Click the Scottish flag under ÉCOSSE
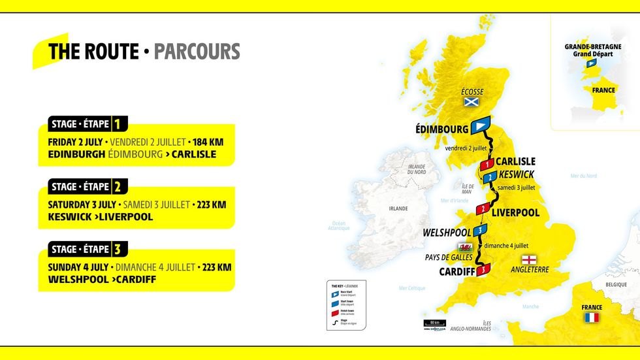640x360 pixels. point(471,102)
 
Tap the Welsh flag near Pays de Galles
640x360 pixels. point(466,248)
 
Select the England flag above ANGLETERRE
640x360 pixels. point(528,258)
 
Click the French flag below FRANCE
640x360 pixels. point(591,318)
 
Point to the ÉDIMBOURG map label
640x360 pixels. point(441,129)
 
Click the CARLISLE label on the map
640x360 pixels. point(515,161)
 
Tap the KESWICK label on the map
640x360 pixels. point(516,174)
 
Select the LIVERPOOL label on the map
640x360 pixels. point(515,212)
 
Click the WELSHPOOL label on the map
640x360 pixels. point(447,232)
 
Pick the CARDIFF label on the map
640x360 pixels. point(456,271)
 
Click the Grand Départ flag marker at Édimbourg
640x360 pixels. point(481,125)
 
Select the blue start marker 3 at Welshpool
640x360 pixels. point(480,230)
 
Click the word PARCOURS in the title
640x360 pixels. point(197,52)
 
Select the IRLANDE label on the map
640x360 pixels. point(398,208)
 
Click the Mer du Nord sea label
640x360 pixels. point(583,176)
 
